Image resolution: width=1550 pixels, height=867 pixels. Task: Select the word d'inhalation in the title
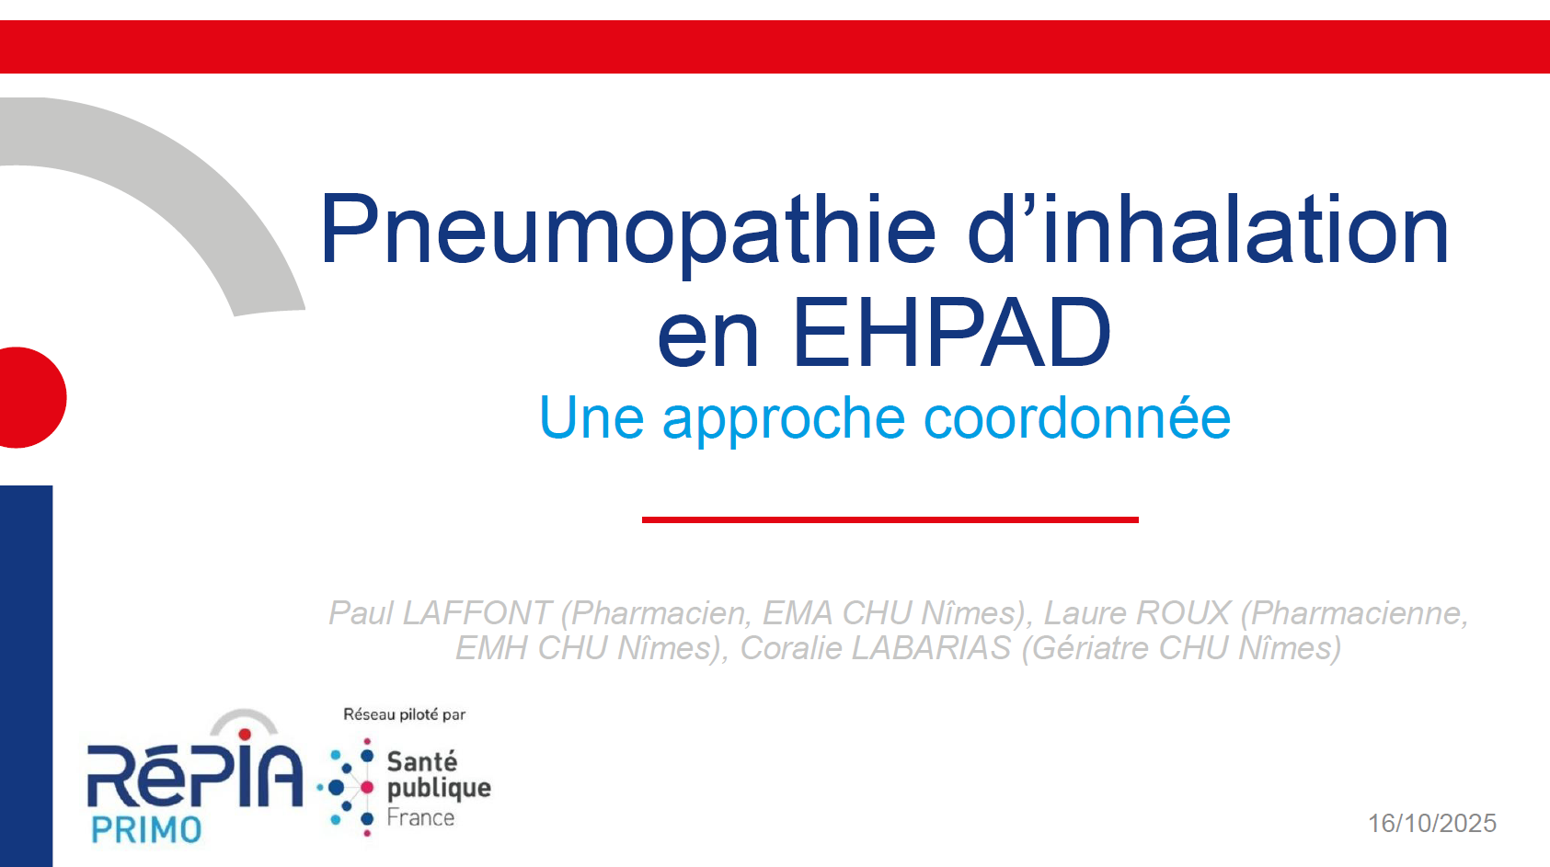[x=1208, y=228]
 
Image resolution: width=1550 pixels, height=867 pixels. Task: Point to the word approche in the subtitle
[x=784, y=421]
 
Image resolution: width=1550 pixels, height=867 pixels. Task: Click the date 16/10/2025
[x=1431, y=824]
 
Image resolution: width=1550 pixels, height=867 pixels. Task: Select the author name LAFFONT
[x=476, y=612]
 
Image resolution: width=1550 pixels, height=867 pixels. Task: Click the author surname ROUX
[x=1183, y=612]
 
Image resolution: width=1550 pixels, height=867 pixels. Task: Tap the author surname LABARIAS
[x=931, y=648]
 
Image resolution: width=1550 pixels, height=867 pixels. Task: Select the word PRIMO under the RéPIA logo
[x=146, y=830]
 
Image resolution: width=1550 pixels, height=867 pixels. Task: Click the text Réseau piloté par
[x=405, y=714]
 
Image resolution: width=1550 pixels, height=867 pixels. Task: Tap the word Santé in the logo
[x=422, y=761]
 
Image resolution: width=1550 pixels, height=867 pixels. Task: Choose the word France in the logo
[x=420, y=817]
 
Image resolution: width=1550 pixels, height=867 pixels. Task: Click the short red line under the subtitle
[x=890, y=519]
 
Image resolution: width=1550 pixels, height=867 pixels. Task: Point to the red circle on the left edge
[x=31, y=397]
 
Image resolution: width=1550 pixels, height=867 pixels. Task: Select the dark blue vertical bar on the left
[x=27, y=676]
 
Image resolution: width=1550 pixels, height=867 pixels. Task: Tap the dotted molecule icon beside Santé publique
[x=347, y=788]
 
